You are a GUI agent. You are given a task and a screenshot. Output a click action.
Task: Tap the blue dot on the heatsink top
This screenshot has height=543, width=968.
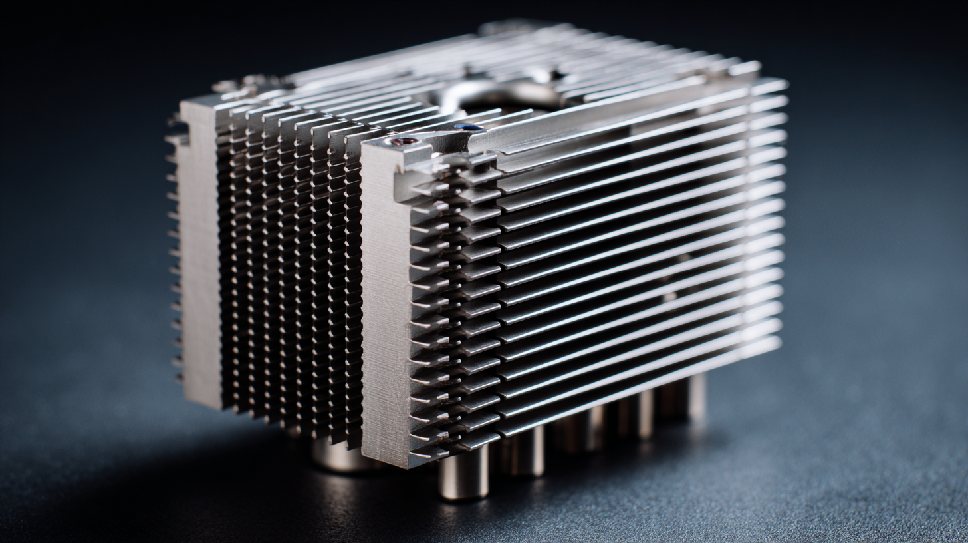(x=469, y=127)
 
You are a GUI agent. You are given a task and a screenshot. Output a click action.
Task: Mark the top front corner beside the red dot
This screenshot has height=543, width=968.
(x=364, y=149)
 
